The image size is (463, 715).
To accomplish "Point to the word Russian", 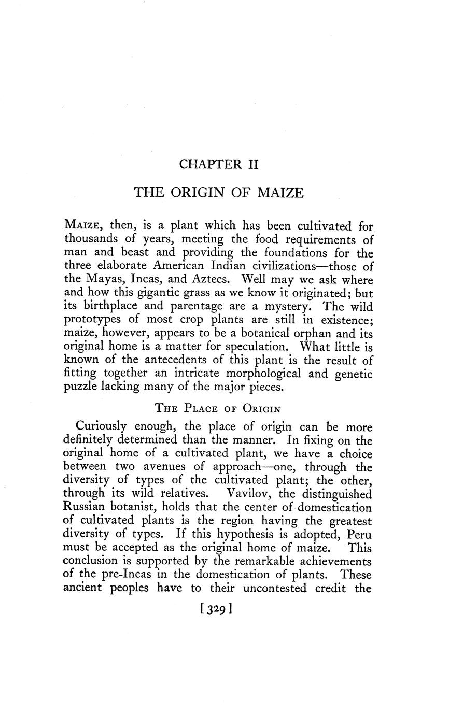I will pos(86,507).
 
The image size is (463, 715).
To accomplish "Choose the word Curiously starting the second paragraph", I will pos(102,427).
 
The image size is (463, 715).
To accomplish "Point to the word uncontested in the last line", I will pos(274,588).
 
